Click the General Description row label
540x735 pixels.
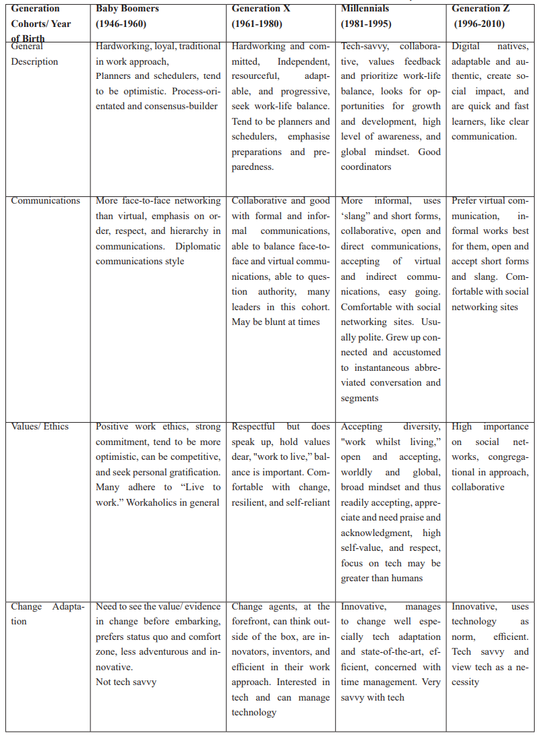[x=34, y=54]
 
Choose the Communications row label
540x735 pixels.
[x=45, y=200]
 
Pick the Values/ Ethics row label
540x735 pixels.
[x=38, y=426]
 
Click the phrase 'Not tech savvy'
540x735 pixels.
[x=126, y=682]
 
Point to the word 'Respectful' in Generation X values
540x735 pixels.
[x=253, y=426]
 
